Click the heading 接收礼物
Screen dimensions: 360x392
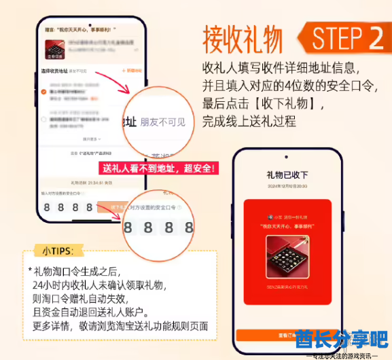[243, 40]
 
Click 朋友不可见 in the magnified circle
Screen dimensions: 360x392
[162, 122]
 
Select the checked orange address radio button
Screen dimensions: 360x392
[44, 91]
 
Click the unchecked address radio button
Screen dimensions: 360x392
[44, 119]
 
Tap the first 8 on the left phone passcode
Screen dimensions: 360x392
[45, 207]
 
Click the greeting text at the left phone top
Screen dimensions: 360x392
[82, 29]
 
